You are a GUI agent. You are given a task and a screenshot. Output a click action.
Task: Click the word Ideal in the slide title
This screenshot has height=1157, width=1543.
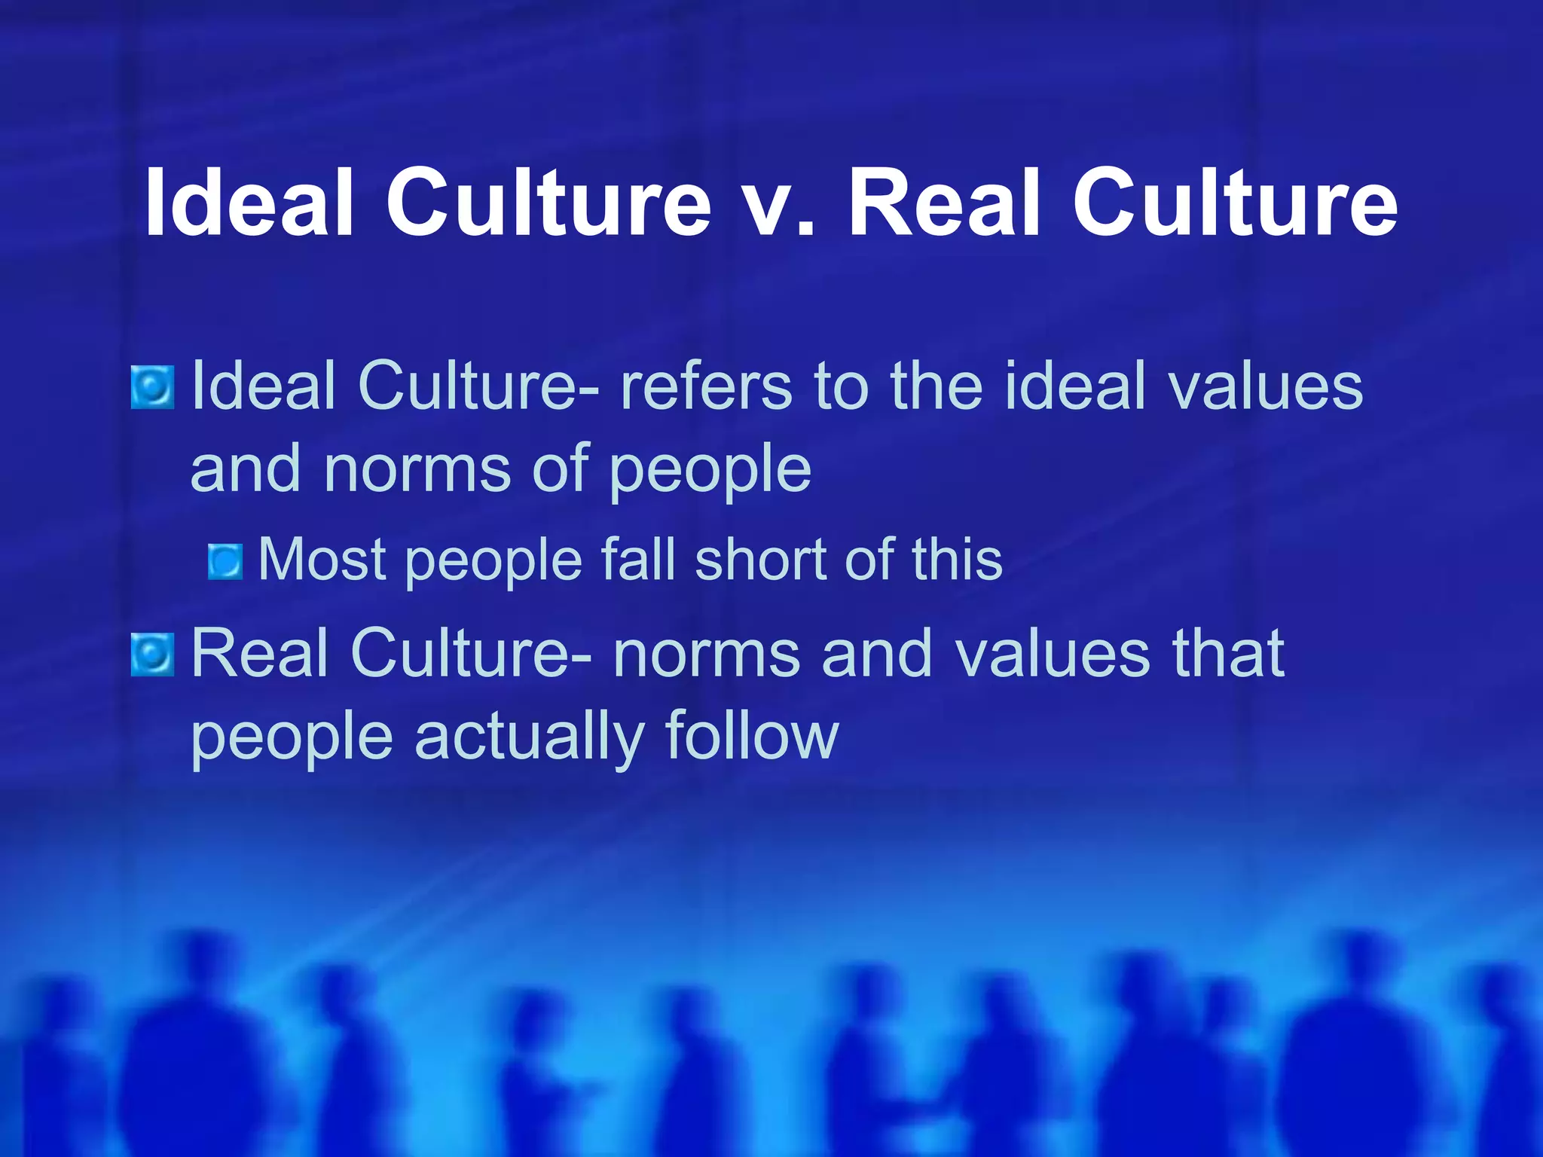click(x=249, y=202)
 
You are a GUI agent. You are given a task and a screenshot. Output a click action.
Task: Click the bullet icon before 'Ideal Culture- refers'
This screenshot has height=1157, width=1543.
click(x=152, y=387)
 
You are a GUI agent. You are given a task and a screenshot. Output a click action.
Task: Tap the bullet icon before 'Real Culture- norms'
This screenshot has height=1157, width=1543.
click(x=152, y=655)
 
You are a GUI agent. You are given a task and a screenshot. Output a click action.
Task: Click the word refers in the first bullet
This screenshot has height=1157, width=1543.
click(x=705, y=386)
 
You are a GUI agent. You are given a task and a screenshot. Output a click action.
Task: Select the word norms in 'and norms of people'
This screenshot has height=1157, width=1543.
click(x=418, y=469)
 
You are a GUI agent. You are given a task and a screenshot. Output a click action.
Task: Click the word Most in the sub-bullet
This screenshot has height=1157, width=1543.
click(x=323, y=560)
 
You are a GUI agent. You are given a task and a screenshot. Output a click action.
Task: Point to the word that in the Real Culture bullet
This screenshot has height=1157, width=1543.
click(x=1228, y=653)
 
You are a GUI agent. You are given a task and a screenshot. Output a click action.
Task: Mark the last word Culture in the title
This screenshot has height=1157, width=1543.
click(x=1235, y=202)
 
